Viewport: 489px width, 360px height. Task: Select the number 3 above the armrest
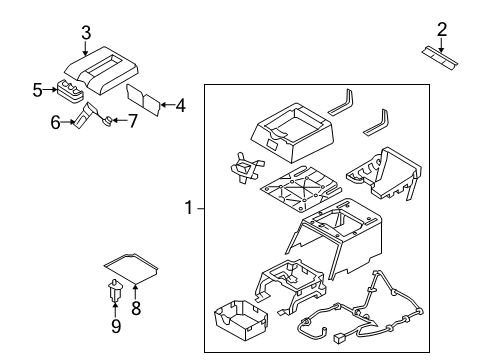coord(86,33)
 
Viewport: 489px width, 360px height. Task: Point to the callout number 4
coord(181,103)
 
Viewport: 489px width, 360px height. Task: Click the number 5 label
coord(37,90)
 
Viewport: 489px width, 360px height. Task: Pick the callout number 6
coord(56,122)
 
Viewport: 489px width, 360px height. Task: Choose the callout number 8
coord(136,308)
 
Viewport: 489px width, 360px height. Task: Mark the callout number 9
coord(114,325)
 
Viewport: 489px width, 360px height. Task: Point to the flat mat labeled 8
coord(132,267)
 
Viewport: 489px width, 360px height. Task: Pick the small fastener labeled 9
coord(114,293)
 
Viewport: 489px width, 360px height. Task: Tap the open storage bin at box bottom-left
coord(237,327)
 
